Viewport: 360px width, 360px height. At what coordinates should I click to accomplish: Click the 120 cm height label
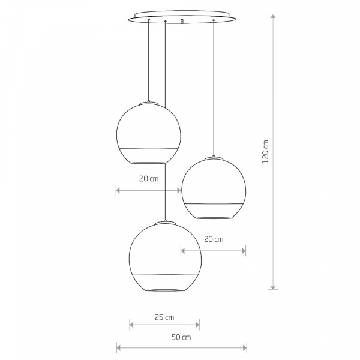[266, 151]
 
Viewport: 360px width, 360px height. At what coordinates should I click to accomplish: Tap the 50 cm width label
[181, 337]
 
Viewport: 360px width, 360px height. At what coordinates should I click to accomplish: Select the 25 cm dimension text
[164, 316]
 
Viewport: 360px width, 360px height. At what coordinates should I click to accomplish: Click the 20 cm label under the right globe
[214, 239]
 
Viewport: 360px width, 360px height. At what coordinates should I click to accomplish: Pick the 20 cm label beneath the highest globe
[149, 179]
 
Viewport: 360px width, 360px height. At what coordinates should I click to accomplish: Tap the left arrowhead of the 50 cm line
[118, 347]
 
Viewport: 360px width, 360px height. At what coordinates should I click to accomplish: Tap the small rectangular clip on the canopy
[181, 21]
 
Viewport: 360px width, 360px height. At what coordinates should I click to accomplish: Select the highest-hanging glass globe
[148, 133]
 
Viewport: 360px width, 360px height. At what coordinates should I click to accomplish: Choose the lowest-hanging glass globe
[164, 257]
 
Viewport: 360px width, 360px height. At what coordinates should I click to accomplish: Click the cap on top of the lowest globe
[164, 223]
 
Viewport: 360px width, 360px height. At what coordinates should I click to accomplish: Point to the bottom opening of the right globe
[214, 217]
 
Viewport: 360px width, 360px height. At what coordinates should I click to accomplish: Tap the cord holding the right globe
[214, 90]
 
